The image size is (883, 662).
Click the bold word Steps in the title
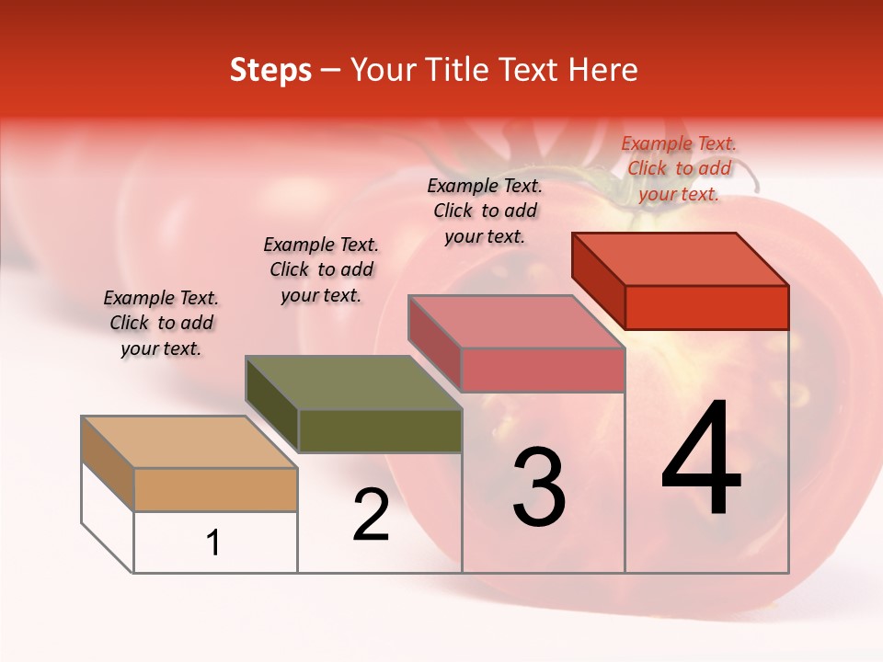[x=270, y=70]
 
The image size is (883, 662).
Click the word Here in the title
[x=602, y=70]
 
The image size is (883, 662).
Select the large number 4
[x=702, y=460]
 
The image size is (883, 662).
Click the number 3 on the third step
[x=538, y=487]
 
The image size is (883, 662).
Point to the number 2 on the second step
[x=372, y=515]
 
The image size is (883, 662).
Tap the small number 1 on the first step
[x=213, y=542]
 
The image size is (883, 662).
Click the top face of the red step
[x=681, y=259]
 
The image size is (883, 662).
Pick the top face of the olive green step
[x=353, y=382]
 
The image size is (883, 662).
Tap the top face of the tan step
[x=189, y=442]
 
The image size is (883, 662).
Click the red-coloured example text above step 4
[x=679, y=168]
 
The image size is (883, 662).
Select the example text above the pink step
[x=485, y=211]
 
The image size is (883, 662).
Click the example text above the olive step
[x=321, y=269]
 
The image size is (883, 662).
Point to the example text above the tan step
[x=161, y=323]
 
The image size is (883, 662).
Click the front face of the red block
[x=706, y=307]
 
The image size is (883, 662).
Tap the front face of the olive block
[x=380, y=430]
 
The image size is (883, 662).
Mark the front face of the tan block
[x=215, y=489]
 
